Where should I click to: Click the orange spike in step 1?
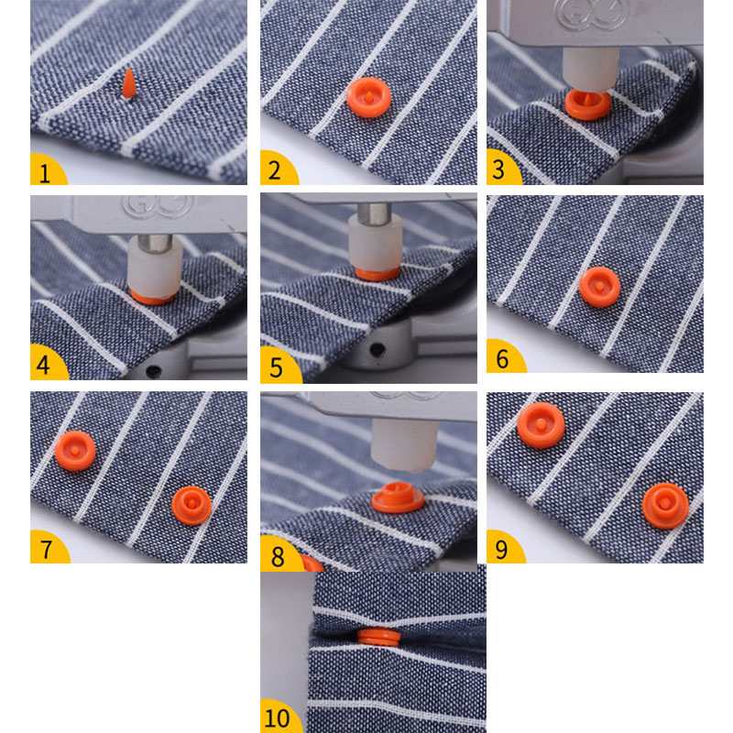tap(128, 84)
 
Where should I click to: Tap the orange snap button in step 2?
tap(369, 97)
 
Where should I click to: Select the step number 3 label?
tap(498, 169)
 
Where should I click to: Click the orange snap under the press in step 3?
tap(587, 104)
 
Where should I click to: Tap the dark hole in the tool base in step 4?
tap(153, 371)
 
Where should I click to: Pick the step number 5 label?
tap(277, 368)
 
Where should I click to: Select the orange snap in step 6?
tap(600, 287)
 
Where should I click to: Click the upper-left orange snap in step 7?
tap(75, 451)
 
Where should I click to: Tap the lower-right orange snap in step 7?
tap(191, 506)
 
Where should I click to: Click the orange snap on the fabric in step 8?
tap(398, 498)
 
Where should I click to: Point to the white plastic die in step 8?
tap(404, 444)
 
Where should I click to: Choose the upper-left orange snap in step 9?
tap(541, 425)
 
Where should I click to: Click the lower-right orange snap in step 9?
tap(665, 506)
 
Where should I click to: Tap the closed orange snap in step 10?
tap(379, 638)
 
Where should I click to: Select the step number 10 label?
tap(278, 718)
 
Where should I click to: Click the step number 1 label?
tap(45, 173)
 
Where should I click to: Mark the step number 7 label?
tap(46, 550)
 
